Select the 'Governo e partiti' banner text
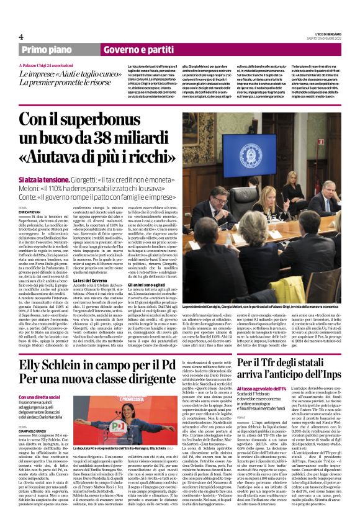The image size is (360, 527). point(131,48)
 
